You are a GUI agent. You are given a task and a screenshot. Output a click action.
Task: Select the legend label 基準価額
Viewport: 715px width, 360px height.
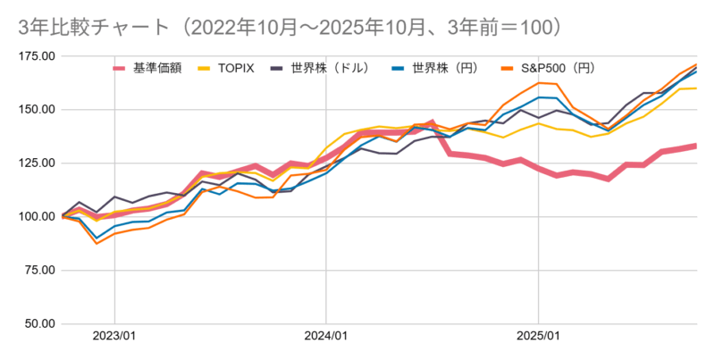[x=157, y=68]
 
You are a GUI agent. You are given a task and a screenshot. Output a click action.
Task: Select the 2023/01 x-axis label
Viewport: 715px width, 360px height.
[x=114, y=337]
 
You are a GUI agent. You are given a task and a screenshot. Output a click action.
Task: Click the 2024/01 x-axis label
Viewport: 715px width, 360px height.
[x=326, y=337]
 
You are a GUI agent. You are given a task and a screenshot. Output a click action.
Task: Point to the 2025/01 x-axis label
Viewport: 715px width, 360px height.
[x=538, y=337]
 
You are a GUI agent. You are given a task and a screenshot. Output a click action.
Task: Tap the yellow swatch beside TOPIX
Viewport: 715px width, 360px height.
[x=205, y=68]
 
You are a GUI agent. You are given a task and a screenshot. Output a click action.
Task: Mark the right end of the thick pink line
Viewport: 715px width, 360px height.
[x=695, y=146]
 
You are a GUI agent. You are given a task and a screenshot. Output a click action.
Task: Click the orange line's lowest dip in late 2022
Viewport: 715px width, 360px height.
[x=97, y=243]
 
